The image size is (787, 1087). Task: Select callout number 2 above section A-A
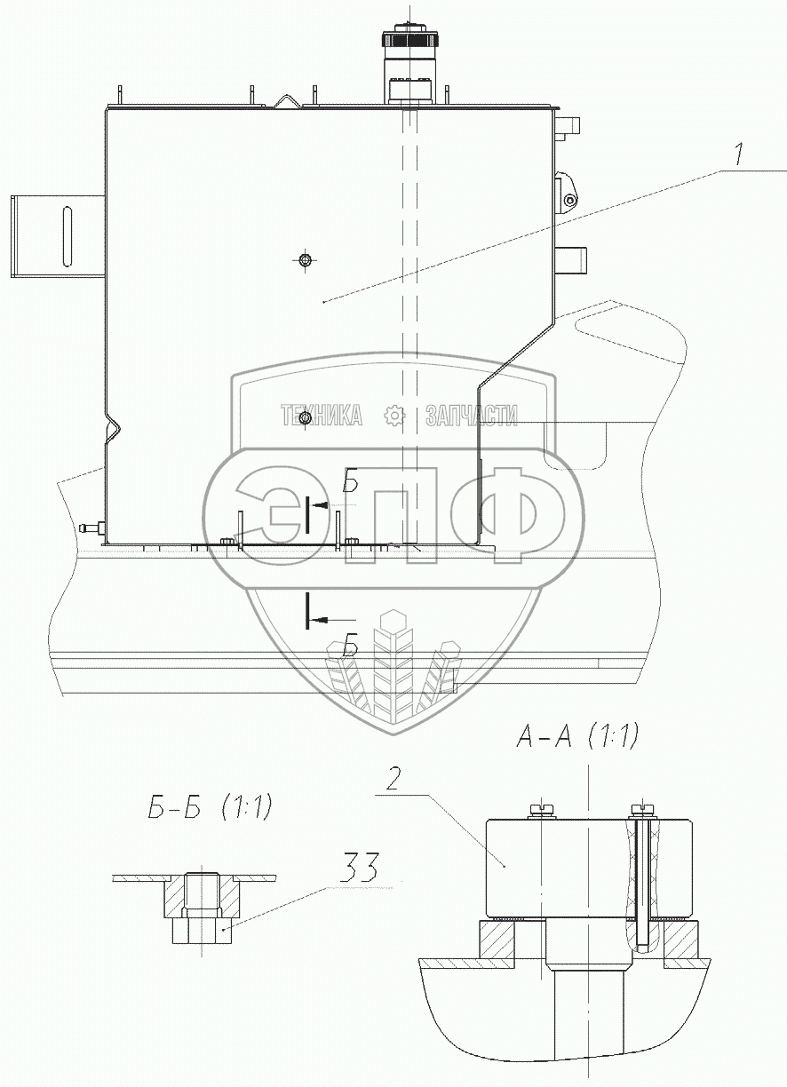click(393, 780)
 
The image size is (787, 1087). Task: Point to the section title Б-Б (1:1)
click(210, 807)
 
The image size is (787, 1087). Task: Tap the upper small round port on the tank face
click(305, 260)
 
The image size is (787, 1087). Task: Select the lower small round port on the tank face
click(305, 417)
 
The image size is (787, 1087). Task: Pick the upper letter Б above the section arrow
click(351, 480)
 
